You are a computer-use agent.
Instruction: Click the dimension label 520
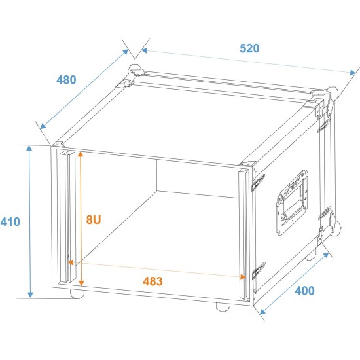pyautogui.click(x=249, y=48)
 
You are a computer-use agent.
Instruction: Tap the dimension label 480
pyautogui.click(x=66, y=80)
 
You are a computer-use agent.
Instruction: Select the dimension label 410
pyautogui.click(x=10, y=222)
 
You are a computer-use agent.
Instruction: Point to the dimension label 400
pyautogui.click(x=304, y=291)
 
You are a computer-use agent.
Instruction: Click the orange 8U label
pyautogui.click(x=94, y=219)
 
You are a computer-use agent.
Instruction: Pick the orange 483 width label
pyautogui.click(x=153, y=281)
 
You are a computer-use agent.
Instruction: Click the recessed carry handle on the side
pyautogui.click(x=292, y=202)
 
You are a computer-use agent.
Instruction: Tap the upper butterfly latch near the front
pyautogui.click(x=259, y=183)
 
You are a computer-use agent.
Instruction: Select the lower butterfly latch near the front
pyautogui.click(x=259, y=270)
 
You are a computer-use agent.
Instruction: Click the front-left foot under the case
pyautogui.click(x=77, y=294)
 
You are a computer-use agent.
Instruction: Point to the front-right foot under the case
pyautogui.click(x=223, y=307)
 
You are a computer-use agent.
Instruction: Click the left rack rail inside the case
pyautogui.click(x=67, y=216)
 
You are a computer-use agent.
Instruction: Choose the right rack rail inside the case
pyautogui.click(x=244, y=234)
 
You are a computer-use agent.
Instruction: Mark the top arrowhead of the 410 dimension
pyautogui.click(x=29, y=148)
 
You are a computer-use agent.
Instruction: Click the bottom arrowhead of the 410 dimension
pyautogui.click(x=30, y=295)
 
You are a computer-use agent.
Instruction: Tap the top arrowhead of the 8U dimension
pyautogui.click(x=81, y=154)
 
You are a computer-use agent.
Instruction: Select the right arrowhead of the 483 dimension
pyautogui.click(x=243, y=277)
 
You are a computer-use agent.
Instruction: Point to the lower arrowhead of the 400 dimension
pyautogui.click(x=262, y=312)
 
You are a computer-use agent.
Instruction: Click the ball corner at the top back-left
pyautogui.click(x=134, y=69)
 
